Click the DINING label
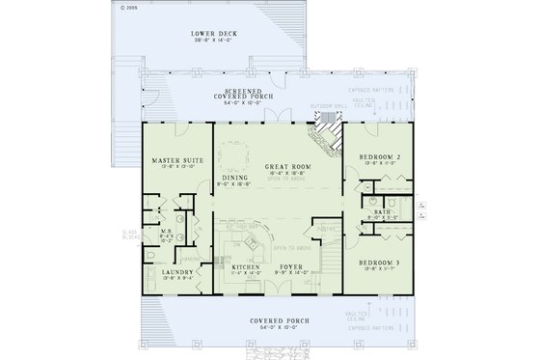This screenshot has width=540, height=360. pyautogui.click(x=234, y=179)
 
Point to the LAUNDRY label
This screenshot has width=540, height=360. pyautogui.click(x=177, y=273)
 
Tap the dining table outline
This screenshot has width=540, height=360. pyautogui.click(x=234, y=154)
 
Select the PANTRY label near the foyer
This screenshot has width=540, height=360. pyautogui.click(x=327, y=228)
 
